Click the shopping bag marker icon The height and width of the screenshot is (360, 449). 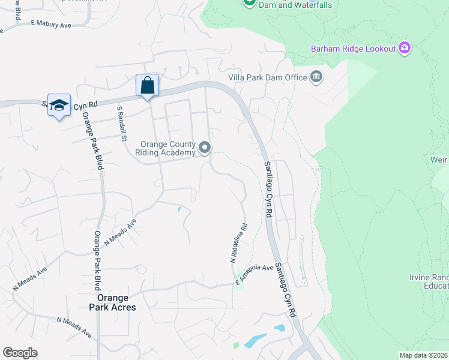(147, 85)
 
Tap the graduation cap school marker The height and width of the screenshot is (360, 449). (59, 105)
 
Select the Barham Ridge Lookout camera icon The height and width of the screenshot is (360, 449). (404, 48)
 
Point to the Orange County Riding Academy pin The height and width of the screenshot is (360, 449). (205, 147)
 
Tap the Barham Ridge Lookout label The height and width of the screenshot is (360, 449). (353, 49)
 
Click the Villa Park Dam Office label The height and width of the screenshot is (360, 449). (267, 77)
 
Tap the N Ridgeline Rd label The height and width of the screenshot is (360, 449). (238, 244)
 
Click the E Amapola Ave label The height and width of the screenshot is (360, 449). (255, 275)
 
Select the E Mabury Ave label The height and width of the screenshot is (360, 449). (50, 25)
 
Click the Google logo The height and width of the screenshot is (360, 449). (20, 353)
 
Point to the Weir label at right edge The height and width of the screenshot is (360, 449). (439, 160)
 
